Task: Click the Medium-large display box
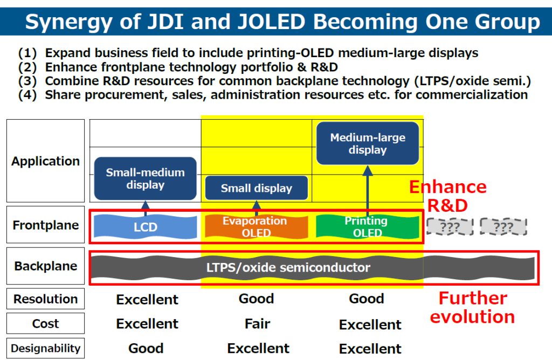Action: point(367,143)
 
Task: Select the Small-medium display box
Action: point(145,178)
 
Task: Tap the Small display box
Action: point(256,189)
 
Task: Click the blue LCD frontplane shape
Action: point(145,227)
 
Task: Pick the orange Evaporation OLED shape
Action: point(256,227)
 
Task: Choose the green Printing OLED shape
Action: point(367,227)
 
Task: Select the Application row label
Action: point(45,161)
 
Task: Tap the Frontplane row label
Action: point(45,225)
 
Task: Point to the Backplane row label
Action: point(45,266)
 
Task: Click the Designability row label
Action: point(45,348)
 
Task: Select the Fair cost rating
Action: point(257,324)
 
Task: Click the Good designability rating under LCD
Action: point(146,349)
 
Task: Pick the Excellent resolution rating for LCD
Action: point(147,299)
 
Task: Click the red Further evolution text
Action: point(472,307)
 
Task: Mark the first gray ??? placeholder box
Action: point(450,227)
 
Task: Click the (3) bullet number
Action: point(27,81)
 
